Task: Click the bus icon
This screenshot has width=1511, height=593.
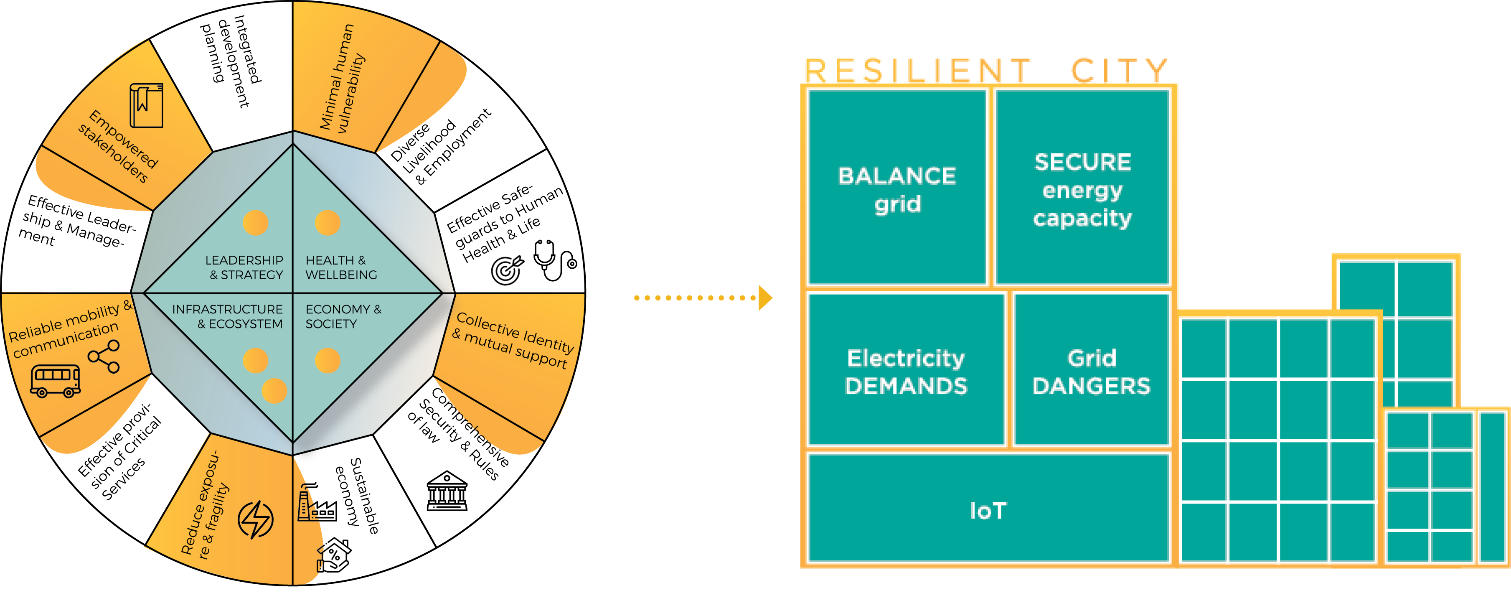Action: (55, 381)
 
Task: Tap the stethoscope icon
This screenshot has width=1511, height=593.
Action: (553, 260)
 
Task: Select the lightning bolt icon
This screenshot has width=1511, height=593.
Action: (255, 519)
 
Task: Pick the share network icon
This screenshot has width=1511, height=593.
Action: (104, 356)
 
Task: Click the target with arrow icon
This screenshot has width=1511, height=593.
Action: (507, 270)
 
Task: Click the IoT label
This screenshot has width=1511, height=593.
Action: (988, 510)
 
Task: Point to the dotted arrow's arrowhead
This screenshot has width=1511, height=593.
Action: (765, 298)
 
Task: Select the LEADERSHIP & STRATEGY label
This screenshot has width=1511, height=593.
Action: (245, 267)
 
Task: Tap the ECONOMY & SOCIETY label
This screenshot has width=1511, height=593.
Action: (343, 316)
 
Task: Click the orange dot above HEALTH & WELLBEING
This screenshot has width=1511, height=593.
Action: (327, 223)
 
